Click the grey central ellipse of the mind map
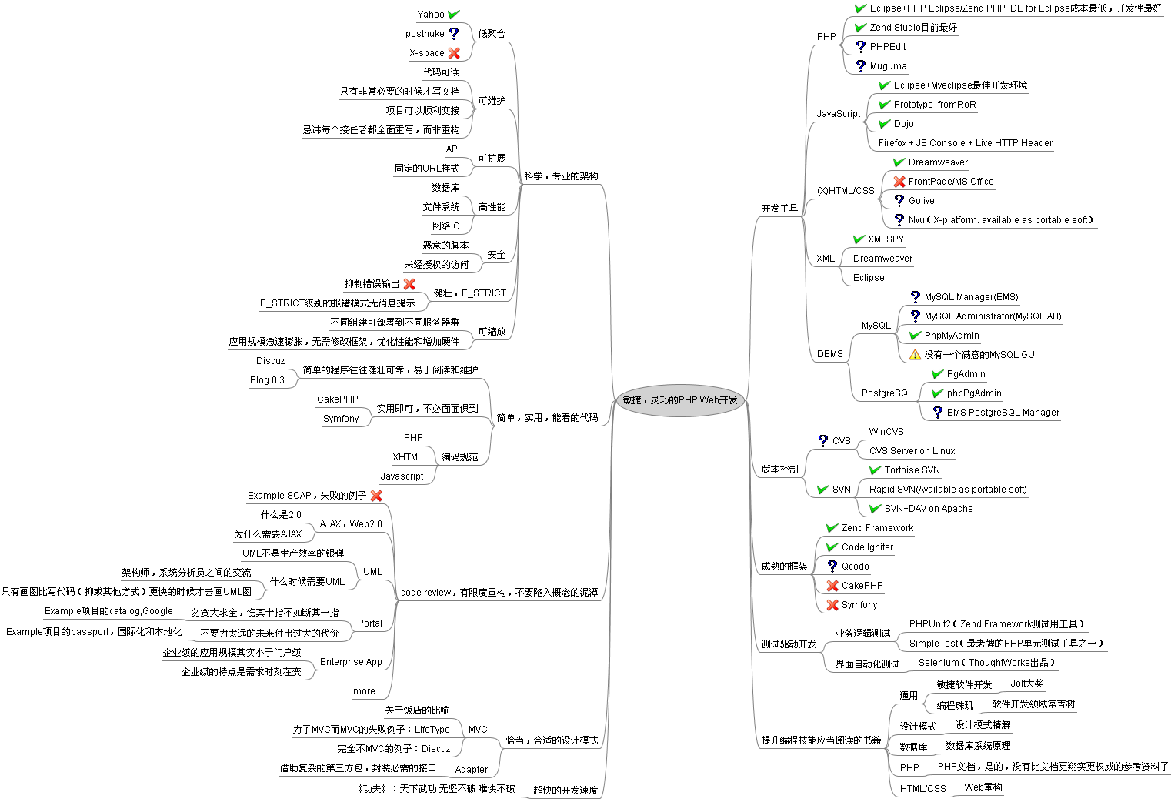tap(680, 400)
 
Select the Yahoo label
tap(431, 15)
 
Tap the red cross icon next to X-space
tap(454, 53)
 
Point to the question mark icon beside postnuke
tap(454, 34)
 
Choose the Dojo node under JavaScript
tap(903, 124)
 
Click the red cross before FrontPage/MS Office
tap(899, 182)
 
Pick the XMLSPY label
tap(886, 239)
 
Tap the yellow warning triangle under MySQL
tap(915, 355)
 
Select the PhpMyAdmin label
tap(952, 336)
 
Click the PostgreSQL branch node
tap(887, 393)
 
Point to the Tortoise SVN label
tap(912, 470)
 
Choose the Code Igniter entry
tap(867, 547)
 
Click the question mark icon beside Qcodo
tap(832, 567)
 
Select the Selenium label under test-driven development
tap(986, 663)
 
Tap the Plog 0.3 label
tap(267, 380)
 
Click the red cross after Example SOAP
tap(376, 496)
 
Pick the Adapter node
tap(471, 770)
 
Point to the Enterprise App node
tap(351, 662)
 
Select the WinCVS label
tap(886, 432)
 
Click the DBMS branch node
tap(830, 354)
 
